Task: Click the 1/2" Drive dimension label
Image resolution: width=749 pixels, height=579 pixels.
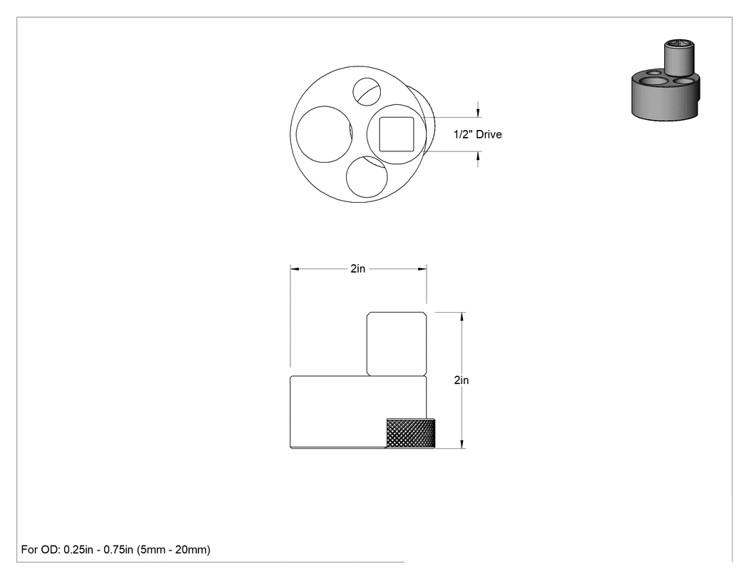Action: click(x=478, y=134)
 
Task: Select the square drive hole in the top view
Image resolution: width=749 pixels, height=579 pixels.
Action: click(x=397, y=134)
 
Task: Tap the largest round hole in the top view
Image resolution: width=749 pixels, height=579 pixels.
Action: click(x=324, y=134)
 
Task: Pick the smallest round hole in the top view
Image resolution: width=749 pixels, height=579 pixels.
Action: click(x=367, y=91)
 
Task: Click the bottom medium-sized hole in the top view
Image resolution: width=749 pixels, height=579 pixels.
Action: click(x=367, y=176)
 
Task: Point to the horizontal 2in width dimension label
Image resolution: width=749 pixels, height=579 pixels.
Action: click(x=358, y=268)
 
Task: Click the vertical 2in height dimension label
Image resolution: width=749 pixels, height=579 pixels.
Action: click(x=462, y=380)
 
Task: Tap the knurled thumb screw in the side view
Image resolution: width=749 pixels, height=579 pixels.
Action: click(x=411, y=433)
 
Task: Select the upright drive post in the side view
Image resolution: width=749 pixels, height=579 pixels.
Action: click(x=397, y=344)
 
